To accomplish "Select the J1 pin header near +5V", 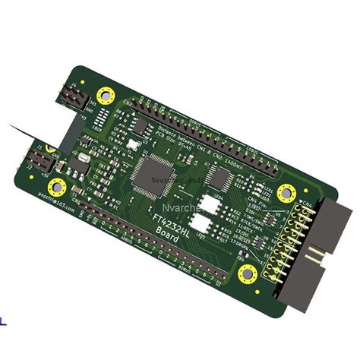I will click(x=44, y=160).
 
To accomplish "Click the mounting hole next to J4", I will click(x=106, y=96).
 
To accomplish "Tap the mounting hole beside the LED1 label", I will click(x=286, y=192).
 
